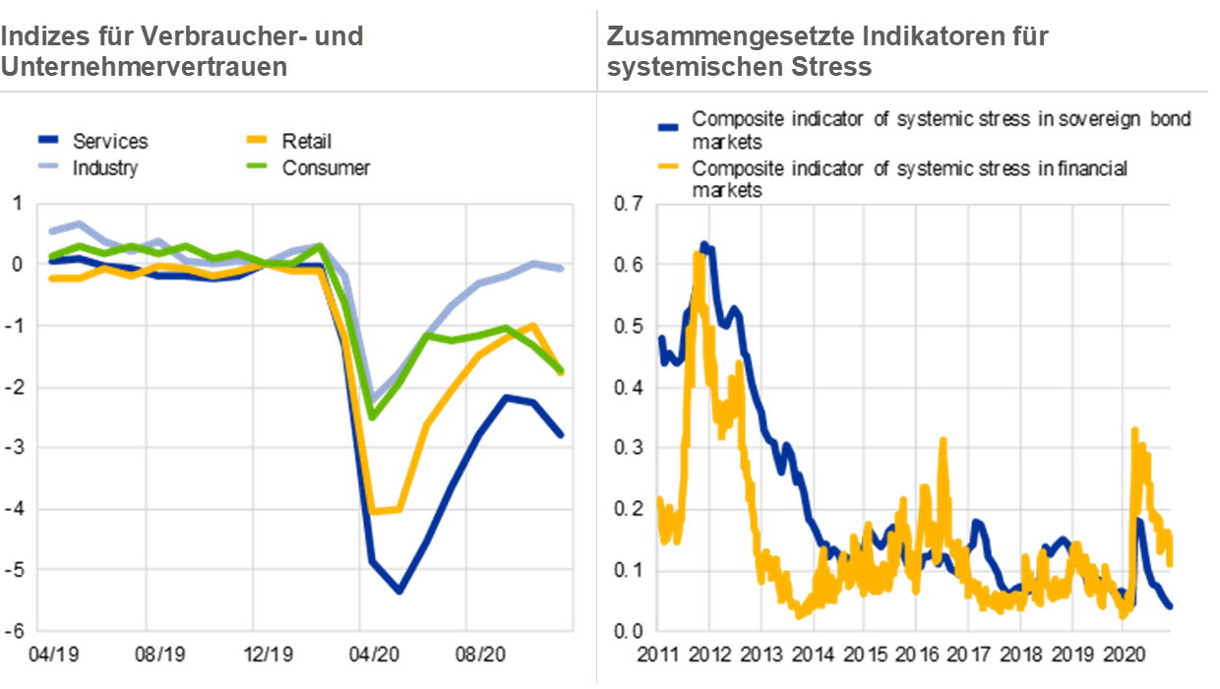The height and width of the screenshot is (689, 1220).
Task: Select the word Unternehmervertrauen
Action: coord(144,67)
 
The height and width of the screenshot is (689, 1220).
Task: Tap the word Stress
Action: coord(836,67)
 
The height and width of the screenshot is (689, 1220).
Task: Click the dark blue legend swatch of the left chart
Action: coord(49,140)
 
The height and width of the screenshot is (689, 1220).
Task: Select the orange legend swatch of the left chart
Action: coord(257,140)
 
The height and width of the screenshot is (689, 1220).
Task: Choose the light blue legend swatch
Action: coord(49,164)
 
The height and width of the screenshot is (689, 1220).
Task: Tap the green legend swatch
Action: coord(257,164)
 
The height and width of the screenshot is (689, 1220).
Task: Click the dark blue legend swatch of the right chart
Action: coord(668,127)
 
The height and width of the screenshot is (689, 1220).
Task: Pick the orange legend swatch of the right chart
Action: coord(668,165)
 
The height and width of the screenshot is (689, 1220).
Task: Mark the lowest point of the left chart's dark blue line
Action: coord(399,592)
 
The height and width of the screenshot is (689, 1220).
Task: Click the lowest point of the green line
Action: coord(372,416)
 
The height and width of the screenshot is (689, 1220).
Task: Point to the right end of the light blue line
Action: coord(563,269)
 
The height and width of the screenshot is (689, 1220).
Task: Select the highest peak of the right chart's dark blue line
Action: coord(704,242)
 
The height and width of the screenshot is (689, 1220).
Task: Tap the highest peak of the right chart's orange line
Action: coord(697,254)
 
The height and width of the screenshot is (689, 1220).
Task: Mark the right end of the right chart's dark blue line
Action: coord(1170,606)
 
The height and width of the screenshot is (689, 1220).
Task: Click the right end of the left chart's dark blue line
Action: coord(563,435)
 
